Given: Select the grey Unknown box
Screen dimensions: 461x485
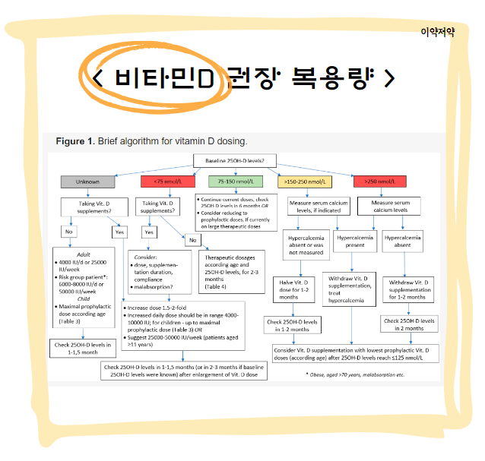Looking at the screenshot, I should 89,182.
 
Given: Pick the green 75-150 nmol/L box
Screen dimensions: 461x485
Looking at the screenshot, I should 236,182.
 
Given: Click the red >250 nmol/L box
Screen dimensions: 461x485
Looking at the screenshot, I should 379,182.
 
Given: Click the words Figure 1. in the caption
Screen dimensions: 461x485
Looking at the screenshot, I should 75,142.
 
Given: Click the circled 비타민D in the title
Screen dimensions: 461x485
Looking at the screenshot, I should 162,77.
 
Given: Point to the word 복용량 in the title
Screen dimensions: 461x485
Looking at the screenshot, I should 334,77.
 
